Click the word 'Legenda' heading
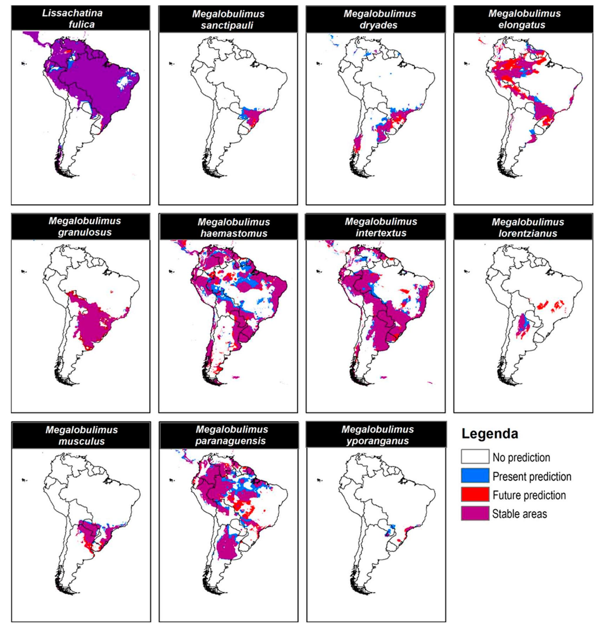(x=489, y=434)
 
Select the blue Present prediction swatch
(x=475, y=476)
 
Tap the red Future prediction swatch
(x=475, y=495)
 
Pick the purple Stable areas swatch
(x=475, y=513)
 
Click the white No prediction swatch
(x=475, y=457)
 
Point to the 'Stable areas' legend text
(x=519, y=514)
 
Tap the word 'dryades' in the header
(x=379, y=25)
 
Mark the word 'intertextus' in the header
(x=381, y=233)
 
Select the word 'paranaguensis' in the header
(x=230, y=441)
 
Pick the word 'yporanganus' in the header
(x=377, y=441)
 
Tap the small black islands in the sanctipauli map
(x=171, y=64)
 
